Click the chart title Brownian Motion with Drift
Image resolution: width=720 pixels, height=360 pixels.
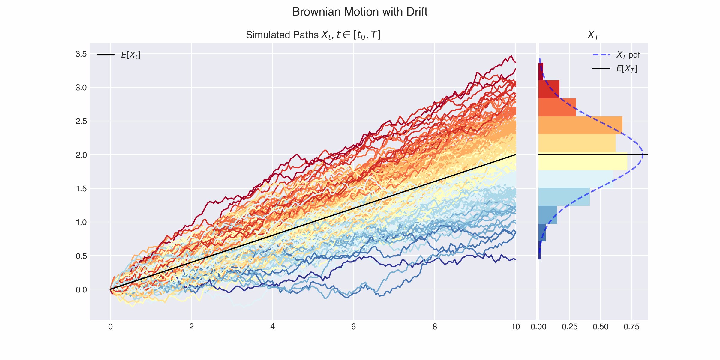coord(360,12)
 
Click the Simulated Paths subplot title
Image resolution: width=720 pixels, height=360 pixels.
coord(313,35)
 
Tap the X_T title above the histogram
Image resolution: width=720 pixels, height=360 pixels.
coord(593,35)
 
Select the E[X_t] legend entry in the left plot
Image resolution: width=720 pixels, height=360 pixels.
coord(130,55)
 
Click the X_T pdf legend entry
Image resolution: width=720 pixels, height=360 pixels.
coord(628,55)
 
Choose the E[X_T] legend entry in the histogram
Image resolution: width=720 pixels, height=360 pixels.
coord(627,69)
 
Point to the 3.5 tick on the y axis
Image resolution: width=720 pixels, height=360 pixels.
coord(81,54)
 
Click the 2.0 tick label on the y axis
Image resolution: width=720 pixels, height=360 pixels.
coord(81,155)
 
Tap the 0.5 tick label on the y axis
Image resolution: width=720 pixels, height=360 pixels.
coord(81,256)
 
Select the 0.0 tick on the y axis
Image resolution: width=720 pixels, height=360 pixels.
coord(81,290)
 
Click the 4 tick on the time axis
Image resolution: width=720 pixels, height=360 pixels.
coord(272,327)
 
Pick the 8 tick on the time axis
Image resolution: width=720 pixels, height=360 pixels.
coord(434,327)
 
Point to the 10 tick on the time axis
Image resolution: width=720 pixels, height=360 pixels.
coord(515,327)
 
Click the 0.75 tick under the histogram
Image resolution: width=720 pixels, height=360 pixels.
coord(631,327)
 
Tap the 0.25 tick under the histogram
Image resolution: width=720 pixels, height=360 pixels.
coord(570,327)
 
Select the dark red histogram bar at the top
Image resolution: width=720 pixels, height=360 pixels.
coord(541,71)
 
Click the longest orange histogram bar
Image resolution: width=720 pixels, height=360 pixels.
coord(580,125)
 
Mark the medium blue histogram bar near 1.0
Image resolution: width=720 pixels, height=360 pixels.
coord(548,215)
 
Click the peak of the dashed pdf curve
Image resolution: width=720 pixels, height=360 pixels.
coord(643,155)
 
